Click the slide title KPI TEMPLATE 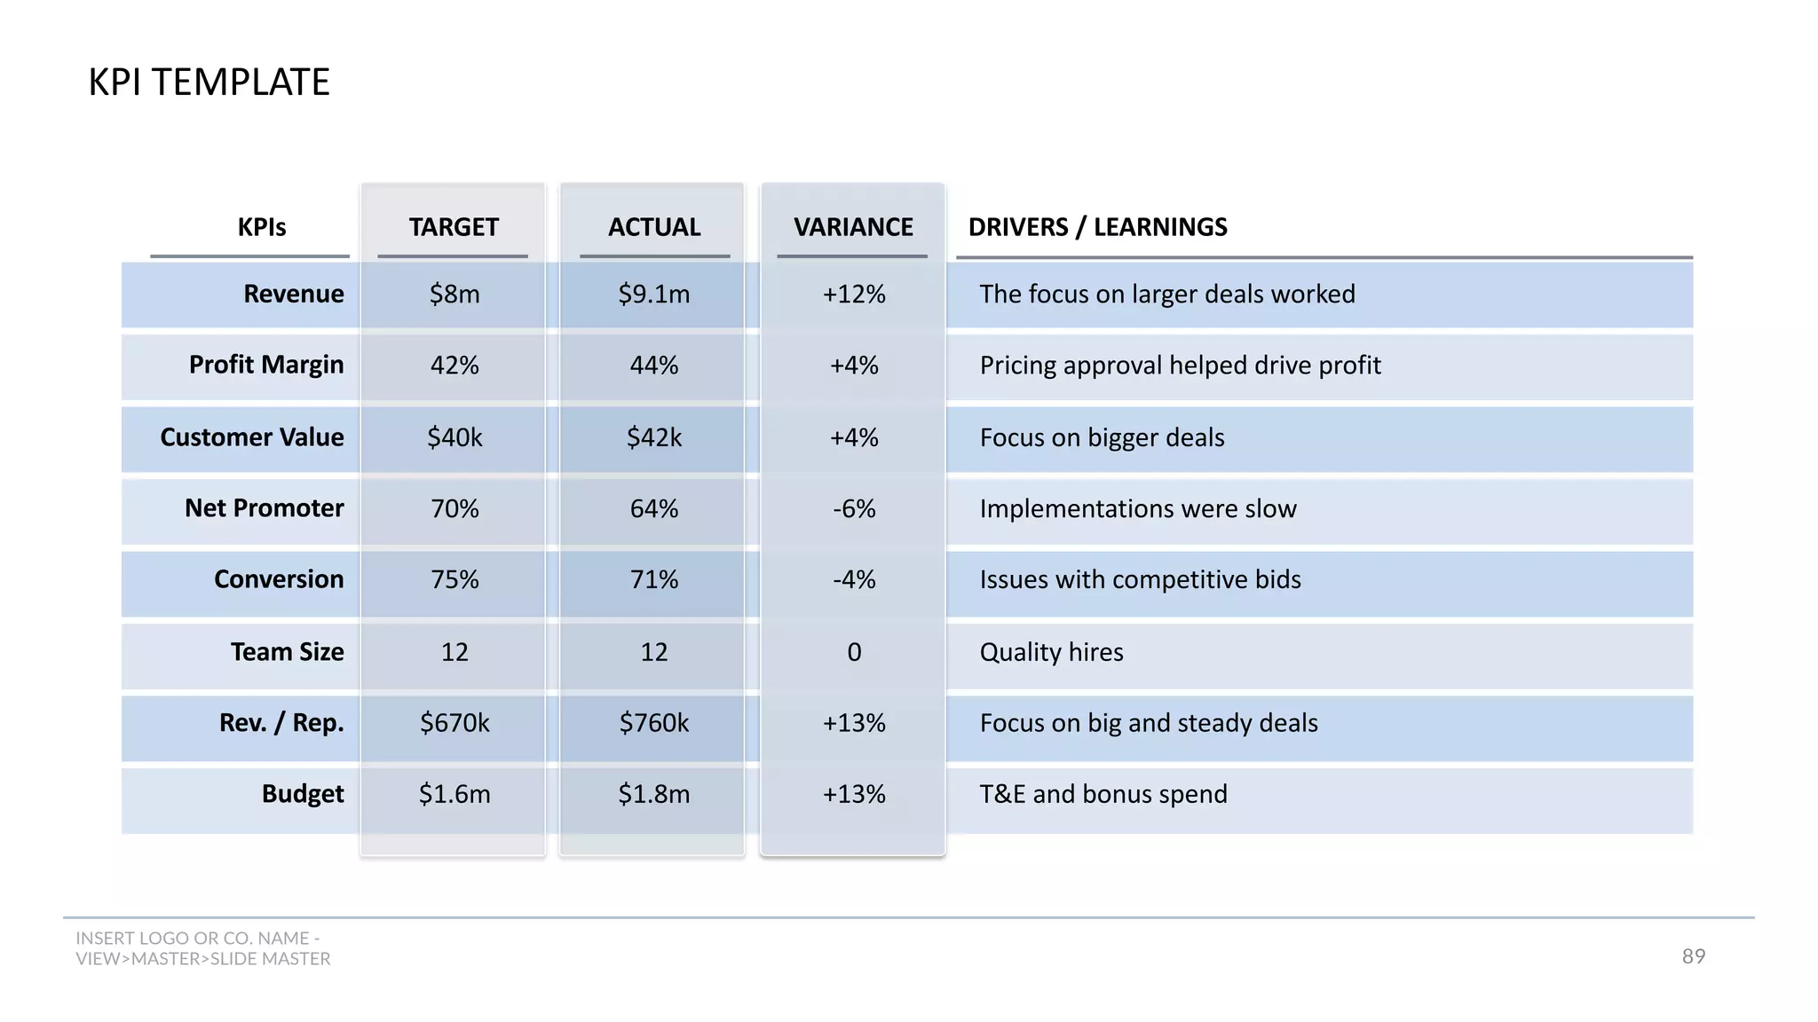pos(209,83)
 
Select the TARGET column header pos(454,227)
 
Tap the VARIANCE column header pos(853,227)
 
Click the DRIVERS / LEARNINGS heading pos(1097,227)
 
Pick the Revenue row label pos(293,294)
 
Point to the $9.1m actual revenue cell pos(654,294)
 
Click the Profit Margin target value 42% pos(454,366)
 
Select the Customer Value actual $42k pos(654,437)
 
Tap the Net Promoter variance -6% pos(854,509)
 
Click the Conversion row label pos(279,579)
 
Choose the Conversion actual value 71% pos(654,580)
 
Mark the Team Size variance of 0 pos(854,652)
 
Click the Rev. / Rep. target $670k pos(454,723)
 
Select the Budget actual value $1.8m pos(654,794)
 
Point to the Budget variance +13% pos(854,794)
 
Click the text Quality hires pos(1051,652)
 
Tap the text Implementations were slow pos(1137,509)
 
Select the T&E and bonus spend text pos(1103,794)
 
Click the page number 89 pos(1693,956)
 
